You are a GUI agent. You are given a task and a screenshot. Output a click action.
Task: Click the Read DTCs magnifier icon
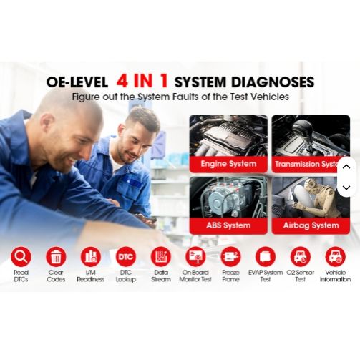(x=21, y=257)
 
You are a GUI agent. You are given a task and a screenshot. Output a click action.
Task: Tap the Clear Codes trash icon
(x=56, y=257)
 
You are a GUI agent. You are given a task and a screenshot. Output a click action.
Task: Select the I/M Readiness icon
(x=91, y=257)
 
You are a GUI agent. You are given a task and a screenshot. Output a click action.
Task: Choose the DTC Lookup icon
(x=125, y=257)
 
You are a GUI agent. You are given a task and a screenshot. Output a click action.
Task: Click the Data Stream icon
(x=161, y=257)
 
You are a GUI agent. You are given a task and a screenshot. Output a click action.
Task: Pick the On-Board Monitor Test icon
(x=195, y=257)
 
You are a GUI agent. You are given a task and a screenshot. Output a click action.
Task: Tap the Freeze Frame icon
(x=230, y=257)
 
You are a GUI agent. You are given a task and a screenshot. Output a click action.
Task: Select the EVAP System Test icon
(x=266, y=257)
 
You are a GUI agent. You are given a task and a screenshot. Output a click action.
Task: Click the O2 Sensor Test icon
(x=301, y=257)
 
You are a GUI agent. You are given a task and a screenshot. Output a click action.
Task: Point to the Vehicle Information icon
(x=335, y=257)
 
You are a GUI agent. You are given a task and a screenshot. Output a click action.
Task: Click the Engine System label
(x=228, y=164)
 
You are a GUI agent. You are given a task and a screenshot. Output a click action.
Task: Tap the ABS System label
(x=228, y=225)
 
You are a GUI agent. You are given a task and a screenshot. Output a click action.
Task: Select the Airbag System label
(x=311, y=225)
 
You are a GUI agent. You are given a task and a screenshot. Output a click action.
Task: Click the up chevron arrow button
(x=346, y=167)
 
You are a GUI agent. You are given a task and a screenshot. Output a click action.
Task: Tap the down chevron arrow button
(x=346, y=188)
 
